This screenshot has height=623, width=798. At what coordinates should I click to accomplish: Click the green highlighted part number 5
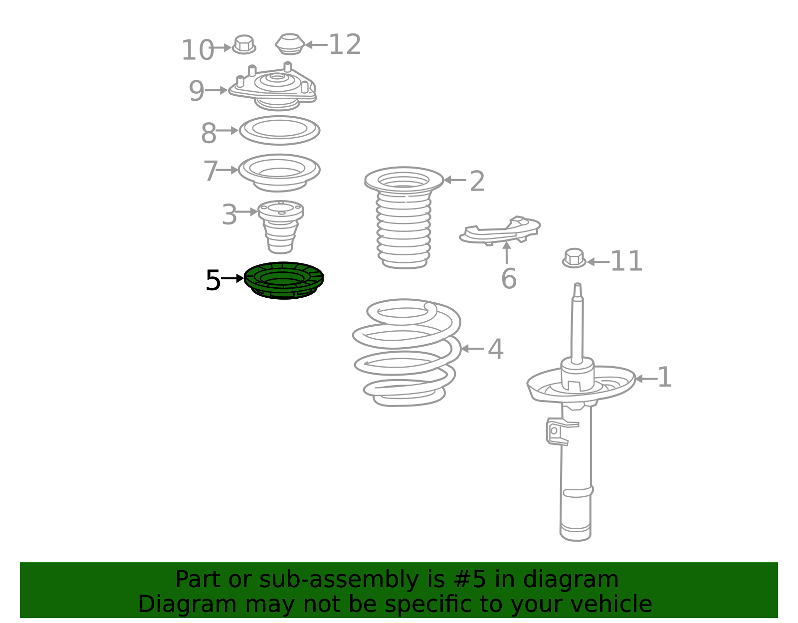pos(283,280)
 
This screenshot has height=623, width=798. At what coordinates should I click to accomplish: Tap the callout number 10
pos(198,50)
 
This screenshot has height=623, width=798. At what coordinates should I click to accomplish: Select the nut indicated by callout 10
pos(244,44)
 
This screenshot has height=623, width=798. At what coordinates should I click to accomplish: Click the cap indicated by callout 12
pos(290,44)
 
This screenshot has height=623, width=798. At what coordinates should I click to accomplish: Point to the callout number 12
pos(345,45)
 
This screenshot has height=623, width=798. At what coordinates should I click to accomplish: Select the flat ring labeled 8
pos(279,130)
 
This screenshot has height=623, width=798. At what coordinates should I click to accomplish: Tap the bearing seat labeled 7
pos(279,173)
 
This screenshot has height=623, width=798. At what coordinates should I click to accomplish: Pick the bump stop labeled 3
pos(281,227)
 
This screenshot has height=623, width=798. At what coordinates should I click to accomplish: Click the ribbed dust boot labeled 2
pos(403,217)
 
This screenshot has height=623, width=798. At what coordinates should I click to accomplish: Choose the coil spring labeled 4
pos(406,353)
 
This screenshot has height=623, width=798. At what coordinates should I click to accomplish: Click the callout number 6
pos(509,279)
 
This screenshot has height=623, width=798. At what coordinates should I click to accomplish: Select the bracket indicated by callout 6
pos(500,230)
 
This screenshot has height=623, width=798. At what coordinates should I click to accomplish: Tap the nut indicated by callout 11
pos(574,258)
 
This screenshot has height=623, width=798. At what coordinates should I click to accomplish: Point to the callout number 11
pos(626,261)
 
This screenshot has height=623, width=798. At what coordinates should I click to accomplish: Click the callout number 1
pos(664,377)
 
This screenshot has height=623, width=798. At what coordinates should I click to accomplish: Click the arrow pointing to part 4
pos(473,349)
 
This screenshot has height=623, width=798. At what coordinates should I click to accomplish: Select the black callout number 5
pos(213,280)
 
